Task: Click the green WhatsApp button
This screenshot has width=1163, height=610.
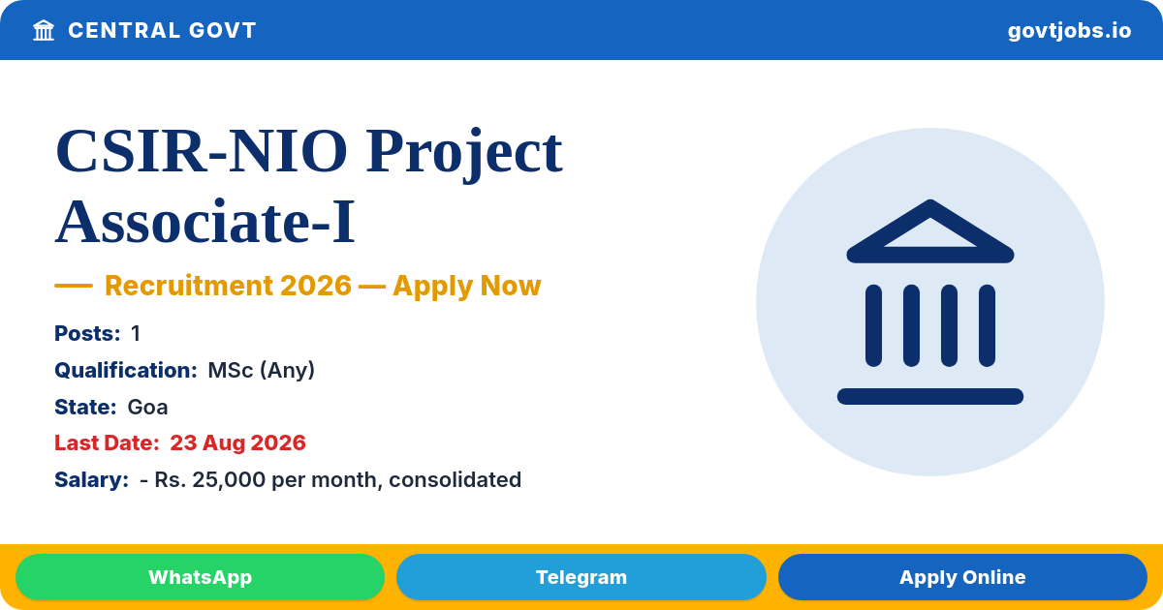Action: [x=200, y=577]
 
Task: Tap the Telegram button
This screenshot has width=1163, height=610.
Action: [x=581, y=577]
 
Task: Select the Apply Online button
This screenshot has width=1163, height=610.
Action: [x=962, y=577]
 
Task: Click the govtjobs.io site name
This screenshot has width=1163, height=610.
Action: [x=1070, y=31]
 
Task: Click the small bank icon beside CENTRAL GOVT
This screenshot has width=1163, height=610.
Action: [x=44, y=31]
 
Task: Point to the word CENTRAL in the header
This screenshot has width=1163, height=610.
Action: [x=124, y=31]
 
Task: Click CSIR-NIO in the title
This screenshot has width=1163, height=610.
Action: [x=202, y=151]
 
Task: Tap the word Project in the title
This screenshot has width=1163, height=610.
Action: [x=464, y=154]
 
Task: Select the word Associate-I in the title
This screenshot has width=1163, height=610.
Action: [x=205, y=222]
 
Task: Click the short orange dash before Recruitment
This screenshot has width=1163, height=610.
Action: [x=74, y=286]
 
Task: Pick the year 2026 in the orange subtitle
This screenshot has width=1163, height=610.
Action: [x=316, y=286]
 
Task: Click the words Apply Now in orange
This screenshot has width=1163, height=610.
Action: [x=467, y=287]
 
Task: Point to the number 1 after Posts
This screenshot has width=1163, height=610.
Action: [x=136, y=333]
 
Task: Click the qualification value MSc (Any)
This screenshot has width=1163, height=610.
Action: [x=261, y=370]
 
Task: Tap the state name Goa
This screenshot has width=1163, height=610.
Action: [x=147, y=408]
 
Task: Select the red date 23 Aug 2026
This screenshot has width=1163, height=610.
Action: [x=237, y=443]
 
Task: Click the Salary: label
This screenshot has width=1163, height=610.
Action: [x=91, y=480]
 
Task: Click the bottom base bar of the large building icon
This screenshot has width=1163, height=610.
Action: [x=930, y=396]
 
